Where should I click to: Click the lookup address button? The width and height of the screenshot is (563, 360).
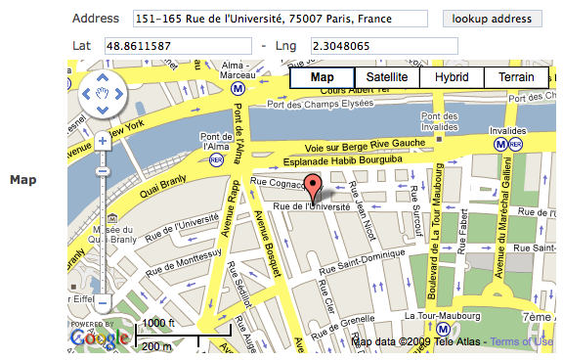pos(492,19)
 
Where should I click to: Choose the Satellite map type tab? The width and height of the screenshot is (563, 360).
pos(387,77)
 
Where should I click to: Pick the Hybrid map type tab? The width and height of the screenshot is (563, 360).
pos(452,77)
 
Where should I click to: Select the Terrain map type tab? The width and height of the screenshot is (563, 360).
pos(516,77)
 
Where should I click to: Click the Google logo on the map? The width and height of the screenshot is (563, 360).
pos(99,337)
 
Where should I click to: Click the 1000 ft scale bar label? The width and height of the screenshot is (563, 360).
pos(157,324)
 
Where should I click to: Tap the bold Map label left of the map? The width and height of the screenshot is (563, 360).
pos(22,180)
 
